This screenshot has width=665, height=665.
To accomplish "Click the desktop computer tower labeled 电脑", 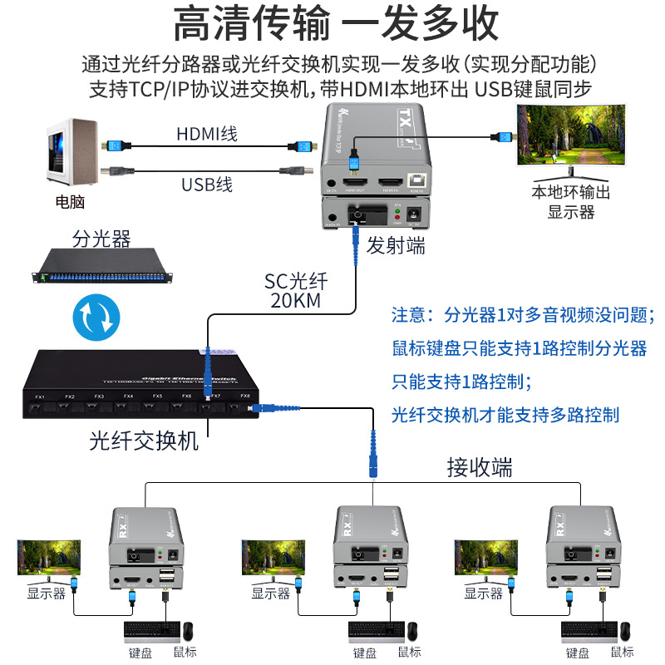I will tap(72, 155).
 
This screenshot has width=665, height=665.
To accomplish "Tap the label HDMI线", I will tap(206, 134).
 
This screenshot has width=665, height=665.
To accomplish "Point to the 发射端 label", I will tap(397, 245).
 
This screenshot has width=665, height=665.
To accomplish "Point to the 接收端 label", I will tap(480, 467).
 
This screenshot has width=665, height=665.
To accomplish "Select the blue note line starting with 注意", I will tap(524, 315).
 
